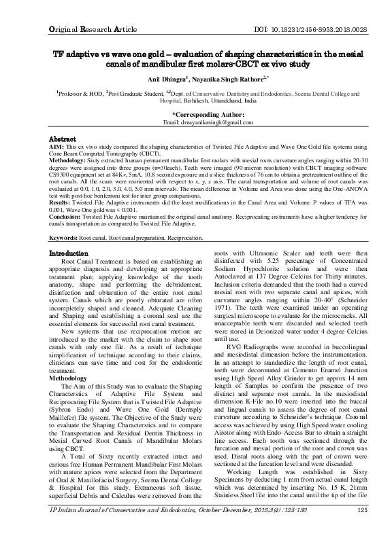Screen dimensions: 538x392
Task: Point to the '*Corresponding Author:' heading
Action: click(196, 114)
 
